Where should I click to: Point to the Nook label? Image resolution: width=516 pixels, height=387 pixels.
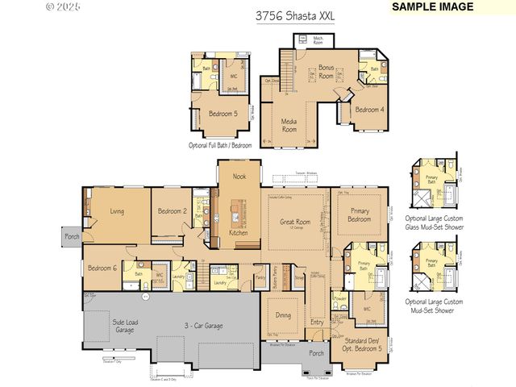tap(239, 176)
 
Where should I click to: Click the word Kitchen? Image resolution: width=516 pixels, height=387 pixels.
tap(238, 232)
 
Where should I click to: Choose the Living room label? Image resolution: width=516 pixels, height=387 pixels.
tap(122, 211)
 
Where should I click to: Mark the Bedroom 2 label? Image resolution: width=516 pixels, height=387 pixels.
tap(172, 211)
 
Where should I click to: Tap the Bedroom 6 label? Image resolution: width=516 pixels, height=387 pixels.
tap(102, 268)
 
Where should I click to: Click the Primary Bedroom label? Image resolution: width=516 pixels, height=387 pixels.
tap(360, 214)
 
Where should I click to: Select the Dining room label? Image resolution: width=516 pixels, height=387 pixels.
tap(284, 315)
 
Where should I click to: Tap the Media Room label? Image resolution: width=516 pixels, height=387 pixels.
tap(289, 124)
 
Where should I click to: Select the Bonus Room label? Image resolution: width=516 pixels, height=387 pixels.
tap(326, 71)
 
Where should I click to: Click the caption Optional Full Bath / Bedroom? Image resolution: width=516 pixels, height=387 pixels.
tap(220, 145)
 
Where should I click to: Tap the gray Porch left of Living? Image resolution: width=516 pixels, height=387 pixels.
tap(71, 237)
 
